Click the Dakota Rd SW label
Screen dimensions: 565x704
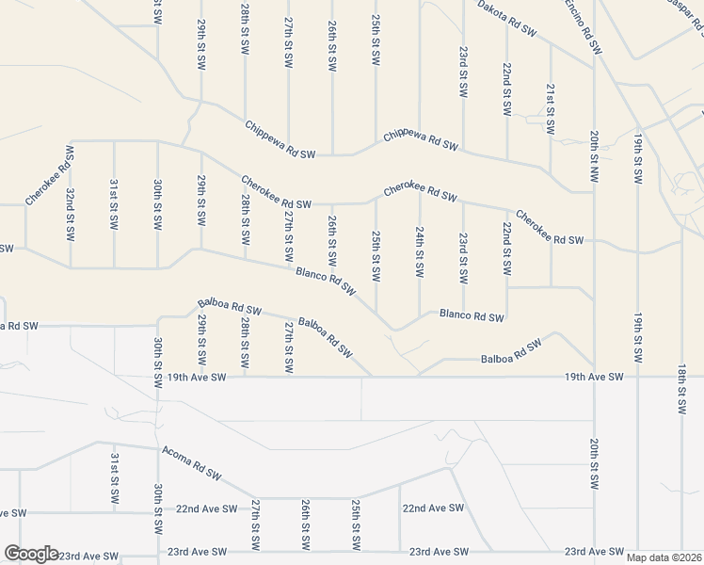(506, 19)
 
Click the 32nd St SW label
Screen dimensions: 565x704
(71, 213)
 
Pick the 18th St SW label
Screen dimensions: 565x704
(681, 390)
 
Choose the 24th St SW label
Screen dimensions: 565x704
(420, 252)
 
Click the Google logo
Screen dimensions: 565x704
(31, 554)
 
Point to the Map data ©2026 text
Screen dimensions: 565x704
(663, 557)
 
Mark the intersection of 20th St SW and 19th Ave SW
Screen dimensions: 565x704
(594, 377)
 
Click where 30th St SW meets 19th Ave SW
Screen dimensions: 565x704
(157, 377)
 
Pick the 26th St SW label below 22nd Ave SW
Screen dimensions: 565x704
(305, 525)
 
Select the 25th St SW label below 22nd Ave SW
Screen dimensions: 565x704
(356, 525)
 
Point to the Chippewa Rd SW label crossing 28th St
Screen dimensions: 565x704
(280, 138)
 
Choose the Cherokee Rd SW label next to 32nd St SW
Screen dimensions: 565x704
(47, 176)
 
